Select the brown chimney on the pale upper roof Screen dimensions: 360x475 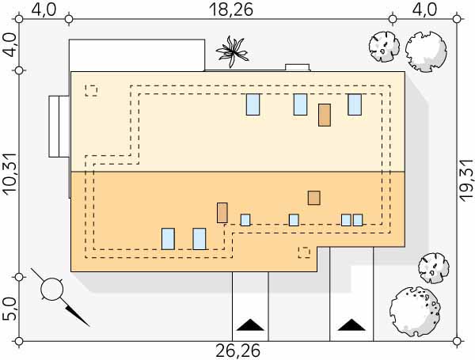point(324,115)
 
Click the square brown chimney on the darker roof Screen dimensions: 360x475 point(314,198)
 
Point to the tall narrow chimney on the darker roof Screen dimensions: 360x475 point(222,213)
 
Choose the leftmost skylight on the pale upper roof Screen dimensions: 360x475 point(253,104)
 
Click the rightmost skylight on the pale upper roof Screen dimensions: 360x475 point(354,104)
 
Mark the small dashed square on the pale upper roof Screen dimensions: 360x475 point(91,91)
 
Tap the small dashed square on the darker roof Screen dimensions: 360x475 point(303,252)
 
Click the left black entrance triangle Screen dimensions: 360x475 point(250,325)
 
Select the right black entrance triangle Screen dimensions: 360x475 point(348,325)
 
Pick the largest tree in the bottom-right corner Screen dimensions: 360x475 point(413,309)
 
